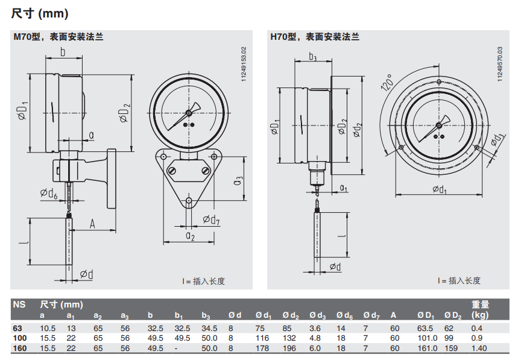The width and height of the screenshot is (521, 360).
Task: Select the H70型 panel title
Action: coord(315,37)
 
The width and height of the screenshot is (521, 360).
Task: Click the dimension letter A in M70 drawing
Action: coord(93,224)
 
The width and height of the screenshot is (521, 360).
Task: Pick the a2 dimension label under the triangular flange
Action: coord(190,235)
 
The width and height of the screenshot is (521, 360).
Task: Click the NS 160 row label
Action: coord(19,348)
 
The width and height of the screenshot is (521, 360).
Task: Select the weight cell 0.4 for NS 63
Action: coord(477,328)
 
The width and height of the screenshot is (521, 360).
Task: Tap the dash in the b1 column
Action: coord(176,348)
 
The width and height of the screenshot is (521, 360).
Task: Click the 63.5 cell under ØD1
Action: coord(425,328)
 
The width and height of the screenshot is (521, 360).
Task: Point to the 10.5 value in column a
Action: coord(48,328)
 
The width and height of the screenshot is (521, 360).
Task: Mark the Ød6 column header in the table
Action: coord(345,315)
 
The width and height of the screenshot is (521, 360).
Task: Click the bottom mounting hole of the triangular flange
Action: coord(189,200)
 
